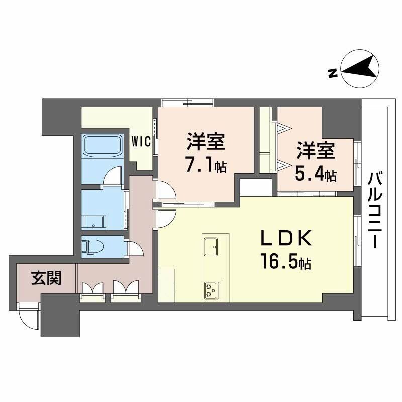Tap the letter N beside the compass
click(332, 74)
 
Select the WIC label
click(141, 142)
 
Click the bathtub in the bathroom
click(103, 146)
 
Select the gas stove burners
click(211, 289)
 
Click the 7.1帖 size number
click(206, 166)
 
